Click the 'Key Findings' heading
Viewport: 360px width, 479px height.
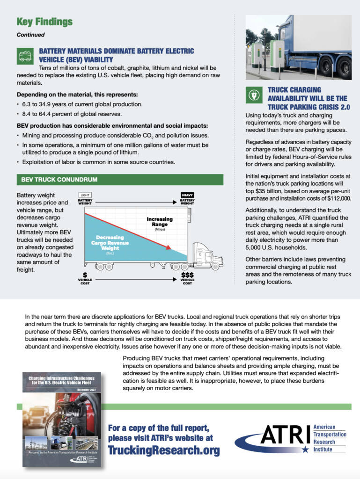(x=44, y=22)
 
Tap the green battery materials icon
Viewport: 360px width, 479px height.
(x=24, y=55)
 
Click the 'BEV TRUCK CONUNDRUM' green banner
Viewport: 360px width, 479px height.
(x=119, y=179)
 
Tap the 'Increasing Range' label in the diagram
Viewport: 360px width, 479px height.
(x=160, y=221)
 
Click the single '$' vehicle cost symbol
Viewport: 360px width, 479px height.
(x=85, y=275)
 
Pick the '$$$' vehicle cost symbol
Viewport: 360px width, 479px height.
(x=187, y=275)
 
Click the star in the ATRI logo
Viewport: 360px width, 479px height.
(x=305, y=449)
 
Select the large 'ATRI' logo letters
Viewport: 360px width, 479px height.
(x=285, y=435)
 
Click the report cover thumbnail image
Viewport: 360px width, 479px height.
(x=62, y=419)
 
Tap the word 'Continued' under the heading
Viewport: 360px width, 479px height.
(x=30, y=35)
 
